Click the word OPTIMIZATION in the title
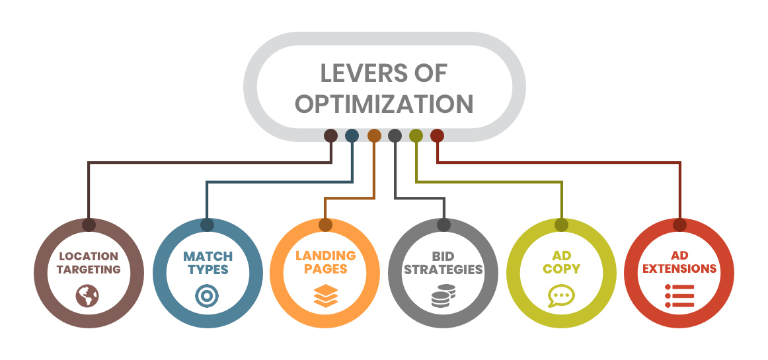click(383, 104)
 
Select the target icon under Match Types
click(207, 296)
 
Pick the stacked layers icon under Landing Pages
click(325, 296)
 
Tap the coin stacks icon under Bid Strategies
click(443, 296)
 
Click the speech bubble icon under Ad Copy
click(561, 295)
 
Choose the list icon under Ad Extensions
click(679, 295)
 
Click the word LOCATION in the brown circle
click(88, 256)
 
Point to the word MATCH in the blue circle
click(208, 256)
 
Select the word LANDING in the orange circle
click(325, 256)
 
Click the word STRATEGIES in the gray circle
click(443, 270)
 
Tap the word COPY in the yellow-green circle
click(562, 269)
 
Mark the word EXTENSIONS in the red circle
click(679, 269)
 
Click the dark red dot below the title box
click(437, 135)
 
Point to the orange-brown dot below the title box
click(374, 135)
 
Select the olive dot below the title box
click(416, 135)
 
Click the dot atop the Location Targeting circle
click(89, 225)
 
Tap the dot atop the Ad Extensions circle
click(679, 225)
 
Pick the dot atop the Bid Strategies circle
click(443, 225)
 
